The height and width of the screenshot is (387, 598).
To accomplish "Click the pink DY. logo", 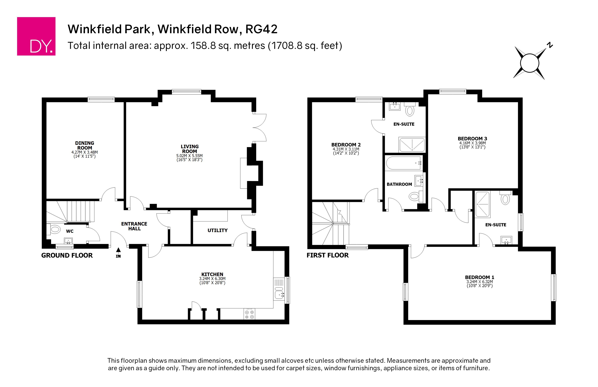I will click(x=36, y=36).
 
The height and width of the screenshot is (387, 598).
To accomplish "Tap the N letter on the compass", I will click(x=550, y=45).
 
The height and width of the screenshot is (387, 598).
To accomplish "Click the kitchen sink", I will click(x=279, y=294).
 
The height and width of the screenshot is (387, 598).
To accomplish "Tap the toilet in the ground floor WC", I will click(x=55, y=229).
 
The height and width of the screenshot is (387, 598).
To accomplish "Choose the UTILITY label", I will click(x=217, y=230).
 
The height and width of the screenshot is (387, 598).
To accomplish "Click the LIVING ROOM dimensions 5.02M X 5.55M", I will click(x=189, y=156).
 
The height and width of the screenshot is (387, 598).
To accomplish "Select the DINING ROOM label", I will click(x=85, y=145).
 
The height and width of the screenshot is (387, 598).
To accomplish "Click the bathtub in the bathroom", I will click(x=403, y=163).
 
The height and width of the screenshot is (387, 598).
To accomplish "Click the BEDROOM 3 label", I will click(x=472, y=139).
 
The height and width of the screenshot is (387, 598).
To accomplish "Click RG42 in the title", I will click(x=261, y=29).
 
